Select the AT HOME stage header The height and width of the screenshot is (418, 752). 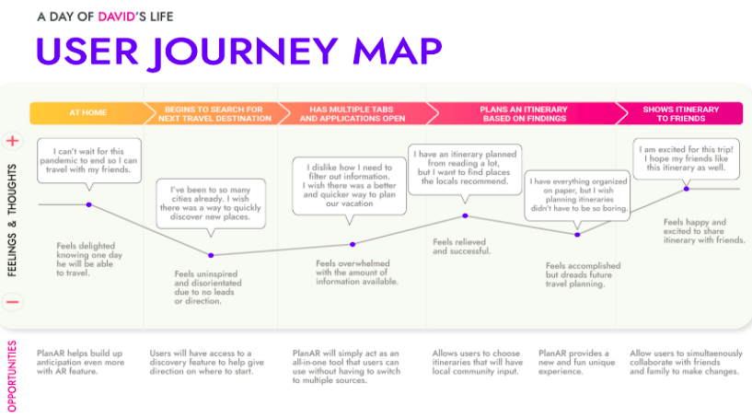[87, 113]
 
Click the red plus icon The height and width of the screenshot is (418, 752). [13, 142]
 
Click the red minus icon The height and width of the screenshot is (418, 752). [13, 301]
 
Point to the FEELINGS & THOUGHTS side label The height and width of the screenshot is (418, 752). [13, 222]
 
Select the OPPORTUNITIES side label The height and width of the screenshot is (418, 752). [13, 377]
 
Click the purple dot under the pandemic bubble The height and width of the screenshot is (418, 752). [88, 204]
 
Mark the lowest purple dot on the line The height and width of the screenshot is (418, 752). [211, 255]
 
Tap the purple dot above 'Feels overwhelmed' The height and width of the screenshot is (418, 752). [353, 244]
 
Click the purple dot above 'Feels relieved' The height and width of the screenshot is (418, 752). [465, 215]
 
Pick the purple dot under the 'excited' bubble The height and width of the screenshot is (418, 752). [687, 189]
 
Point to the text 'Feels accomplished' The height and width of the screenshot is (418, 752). [583, 266]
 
